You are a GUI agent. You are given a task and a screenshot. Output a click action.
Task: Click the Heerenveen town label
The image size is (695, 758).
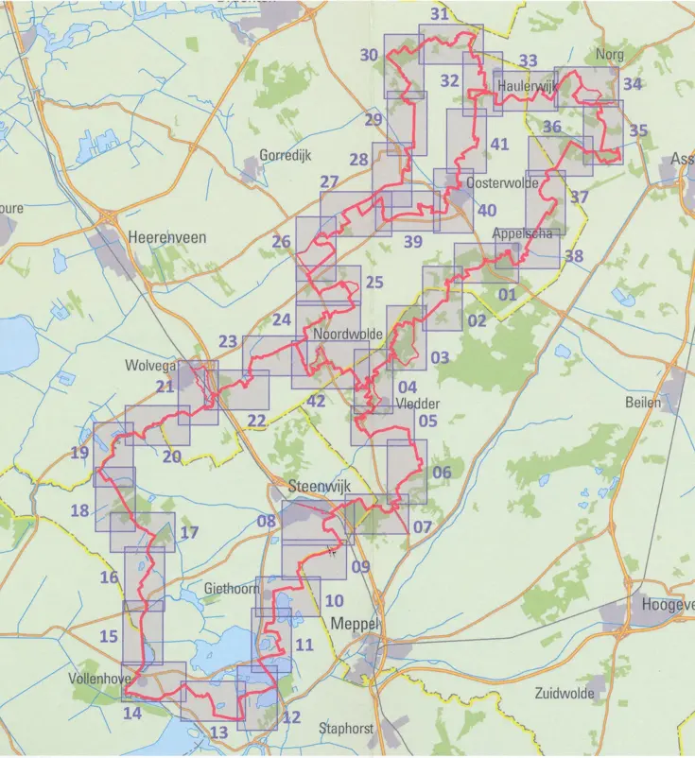pyautogui.click(x=165, y=240)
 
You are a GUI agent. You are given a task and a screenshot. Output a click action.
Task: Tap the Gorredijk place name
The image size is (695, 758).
pyautogui.click(x=285, y=155)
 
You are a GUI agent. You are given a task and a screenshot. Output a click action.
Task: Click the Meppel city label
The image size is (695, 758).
pyautogui.click(x=353, y=624)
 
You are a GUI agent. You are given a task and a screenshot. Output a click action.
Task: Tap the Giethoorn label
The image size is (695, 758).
pyautogui.click(x=231, y=588)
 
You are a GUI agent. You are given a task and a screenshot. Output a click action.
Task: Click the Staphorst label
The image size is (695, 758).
pyautogui.click(x=345, y=729)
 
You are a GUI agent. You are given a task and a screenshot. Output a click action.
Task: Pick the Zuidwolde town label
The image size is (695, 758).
pyautogui.click(x=564, y=693)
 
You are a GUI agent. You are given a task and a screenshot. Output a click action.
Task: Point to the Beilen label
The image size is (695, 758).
pyautogui.click(x=643, y=402)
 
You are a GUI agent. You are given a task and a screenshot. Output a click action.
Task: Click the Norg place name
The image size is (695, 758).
pyautogui.click(x=610, y=54)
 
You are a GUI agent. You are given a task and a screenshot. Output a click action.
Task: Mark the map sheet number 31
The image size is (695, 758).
pyautogui.click(x=439, y=14)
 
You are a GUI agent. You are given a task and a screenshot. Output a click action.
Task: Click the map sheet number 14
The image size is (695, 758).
pyautogui.click(x=132, y=714)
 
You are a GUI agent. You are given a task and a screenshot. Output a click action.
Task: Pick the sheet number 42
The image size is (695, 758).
pyautogui.click(x=317, y=400)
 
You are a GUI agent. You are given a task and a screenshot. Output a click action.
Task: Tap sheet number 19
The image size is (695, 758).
pyautogui.click(x=79, y=453)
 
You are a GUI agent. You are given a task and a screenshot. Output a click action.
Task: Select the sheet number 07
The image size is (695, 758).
pyautogui.click(x=422, y=526)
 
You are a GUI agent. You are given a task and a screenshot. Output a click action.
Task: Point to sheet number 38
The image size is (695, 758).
pyautogui.click(x=574, y=256)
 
